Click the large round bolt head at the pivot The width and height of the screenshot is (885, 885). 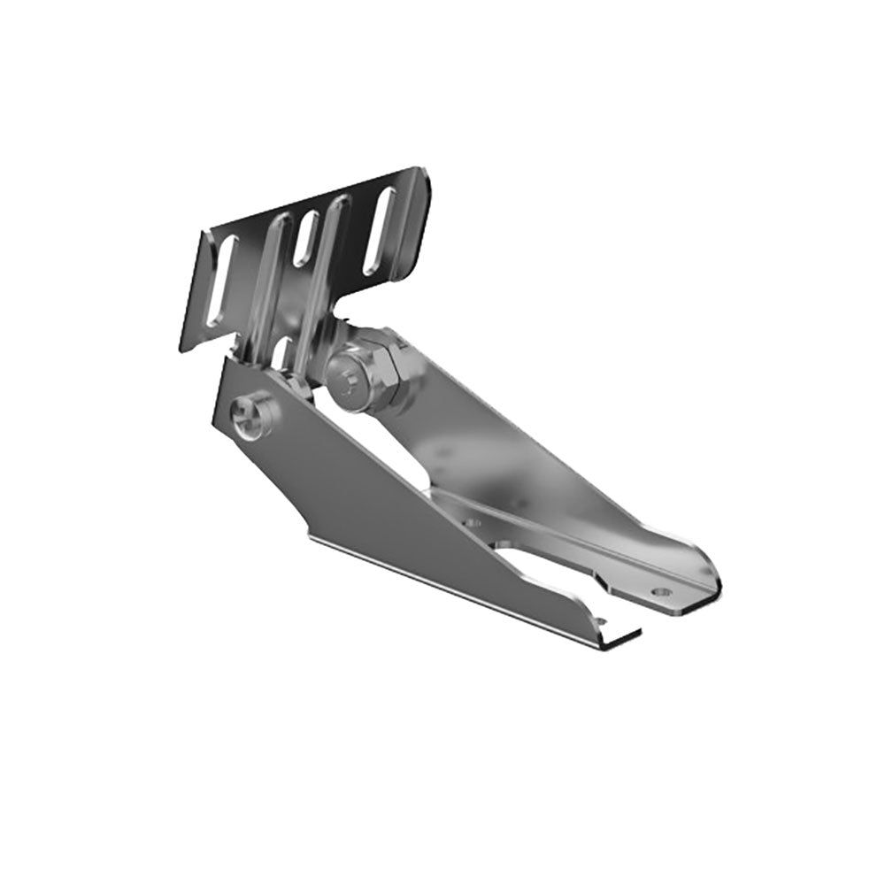coord(348,378)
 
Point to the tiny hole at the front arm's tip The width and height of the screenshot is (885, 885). coord(602,626)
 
